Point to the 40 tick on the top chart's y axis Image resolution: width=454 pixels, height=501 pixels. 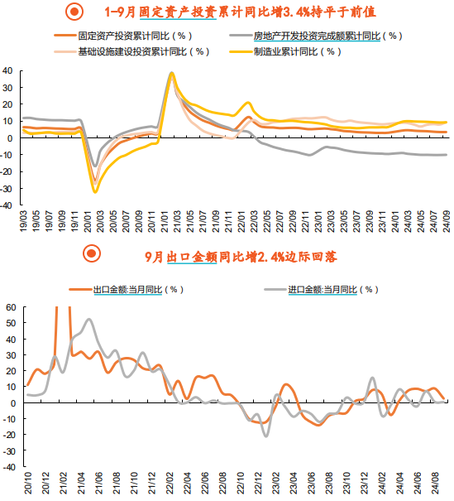(7, 70)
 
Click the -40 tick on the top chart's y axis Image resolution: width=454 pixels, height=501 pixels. (7, 205)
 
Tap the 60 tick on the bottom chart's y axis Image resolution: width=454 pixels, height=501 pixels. (11, 307)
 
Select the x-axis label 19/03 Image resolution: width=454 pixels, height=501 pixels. (24, 221)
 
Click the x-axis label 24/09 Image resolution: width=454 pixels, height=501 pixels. (447, 221)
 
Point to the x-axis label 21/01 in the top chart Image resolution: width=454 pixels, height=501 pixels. (165, 221)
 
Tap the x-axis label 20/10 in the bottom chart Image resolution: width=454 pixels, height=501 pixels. (28, 483)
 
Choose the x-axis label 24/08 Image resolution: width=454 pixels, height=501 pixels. (435, 483)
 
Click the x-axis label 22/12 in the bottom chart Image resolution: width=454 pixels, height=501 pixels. (258, 483)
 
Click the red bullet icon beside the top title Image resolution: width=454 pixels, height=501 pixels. (74, 12)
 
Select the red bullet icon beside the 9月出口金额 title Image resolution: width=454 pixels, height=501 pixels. (92, 253)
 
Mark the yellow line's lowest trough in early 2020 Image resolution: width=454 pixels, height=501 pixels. (95, 192)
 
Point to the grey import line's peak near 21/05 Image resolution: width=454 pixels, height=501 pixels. (88, 319)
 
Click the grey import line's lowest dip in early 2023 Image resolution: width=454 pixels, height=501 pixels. (266, 436)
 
